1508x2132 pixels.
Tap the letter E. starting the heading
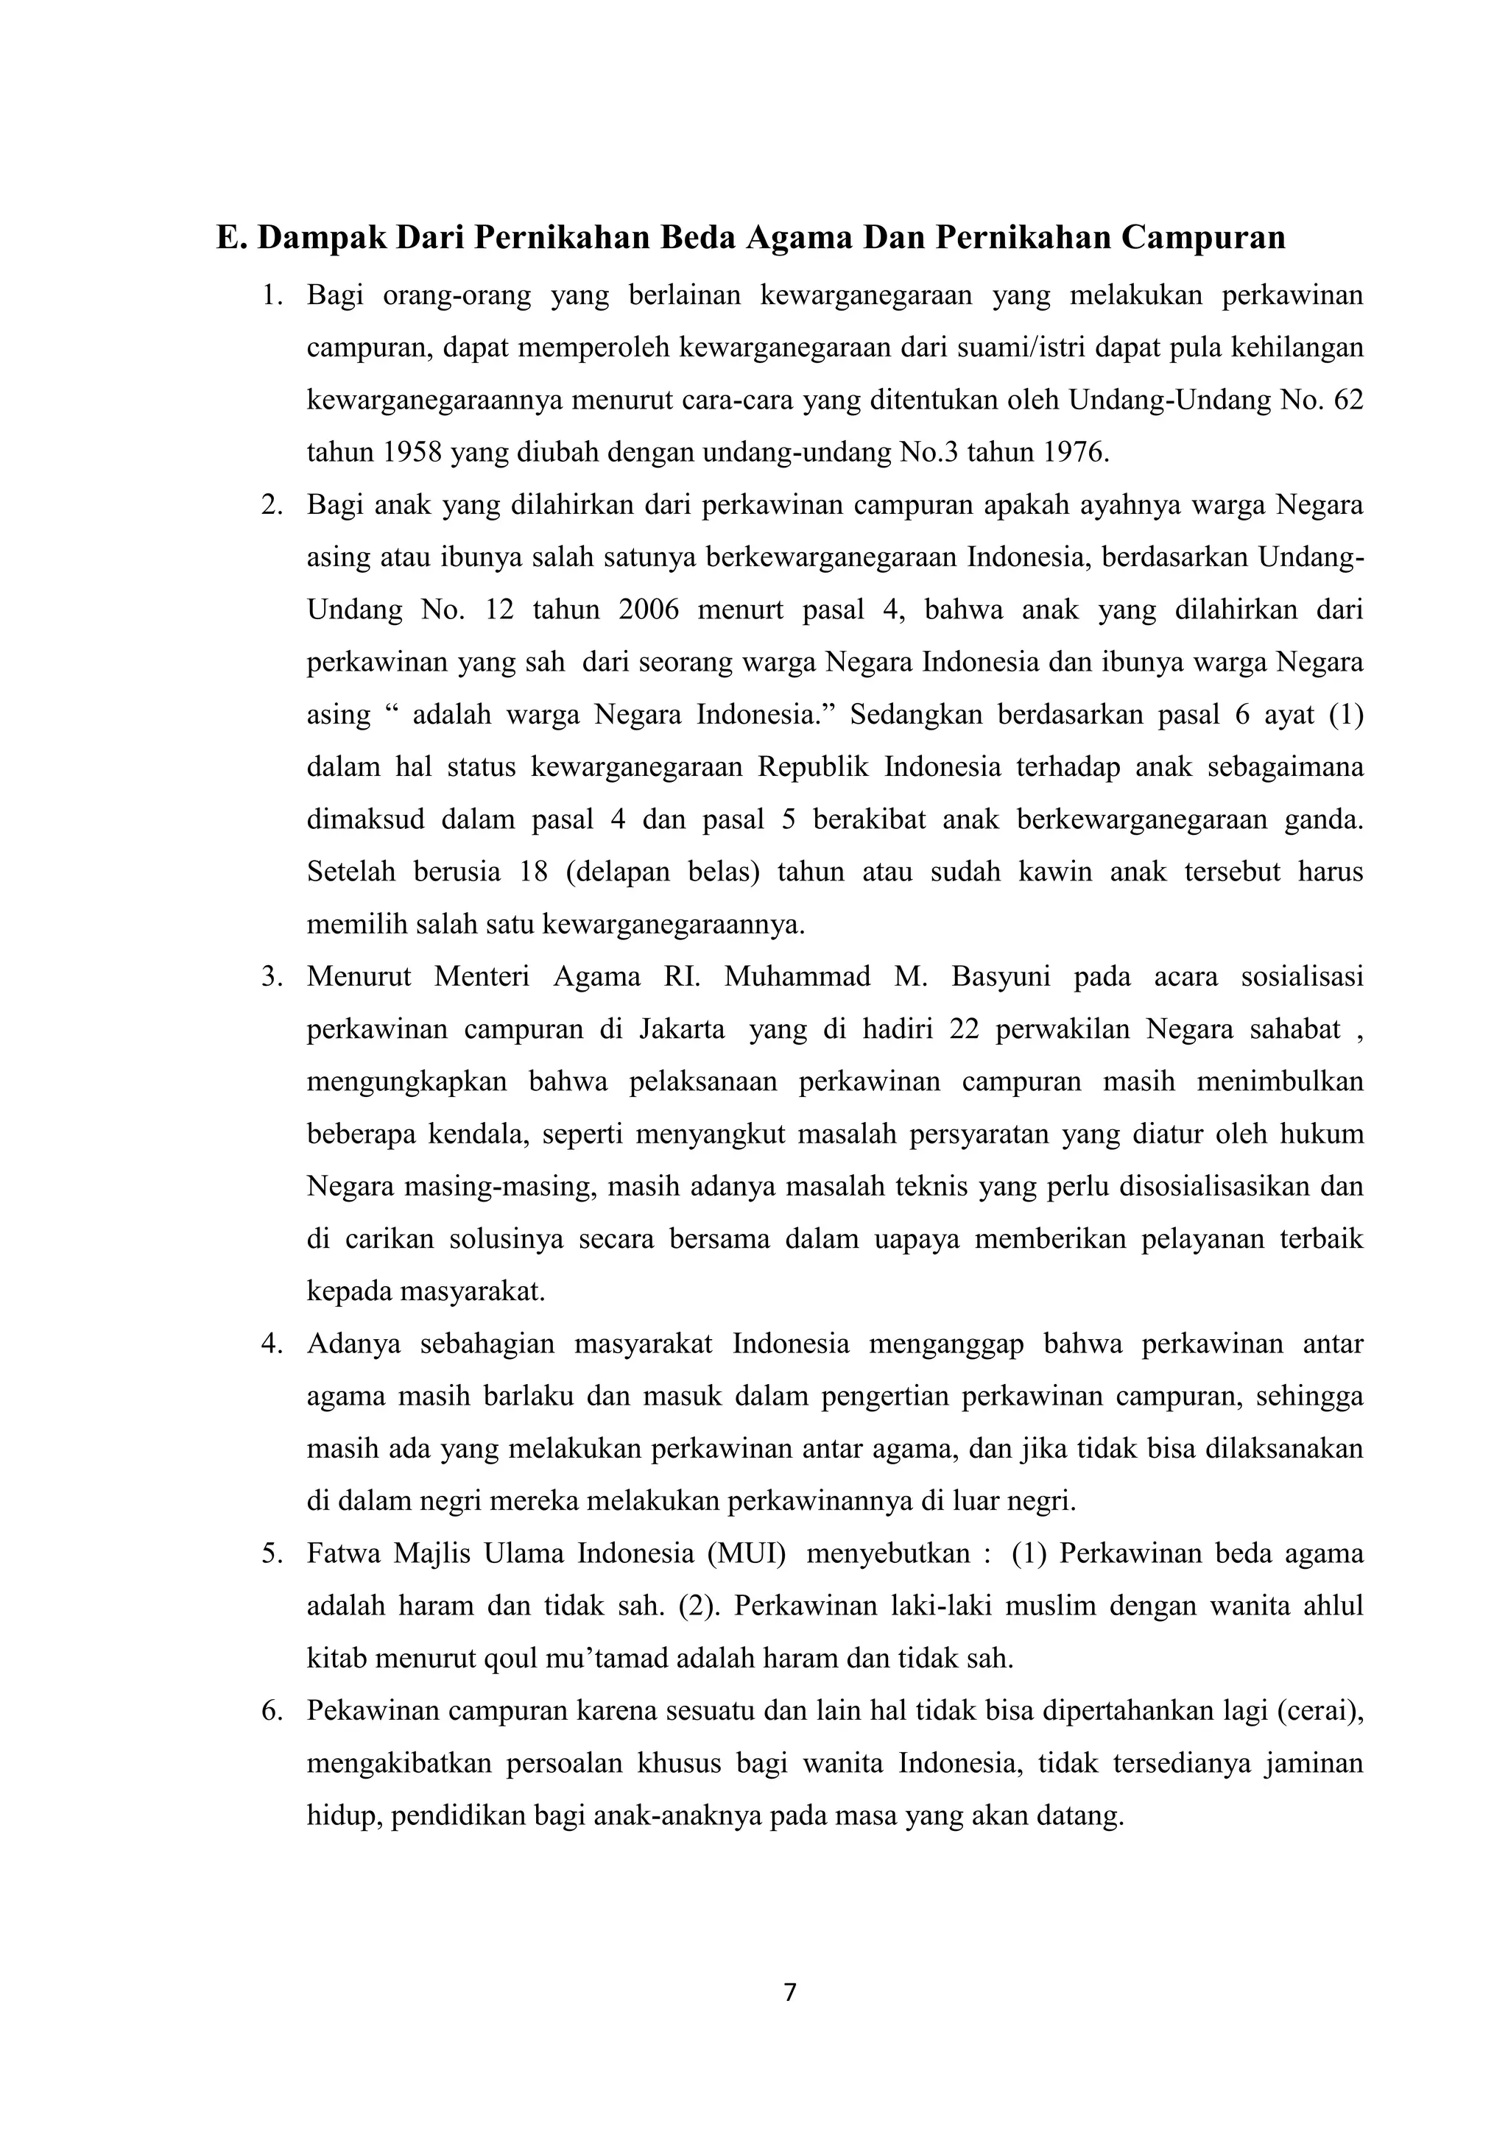tap(232, 238)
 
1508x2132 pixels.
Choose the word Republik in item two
tap(814, 768)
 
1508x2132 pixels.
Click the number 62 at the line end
tap(1347, 400)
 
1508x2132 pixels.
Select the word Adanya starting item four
tap(353, 1344)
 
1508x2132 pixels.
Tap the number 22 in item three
tap(964, 1030)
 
